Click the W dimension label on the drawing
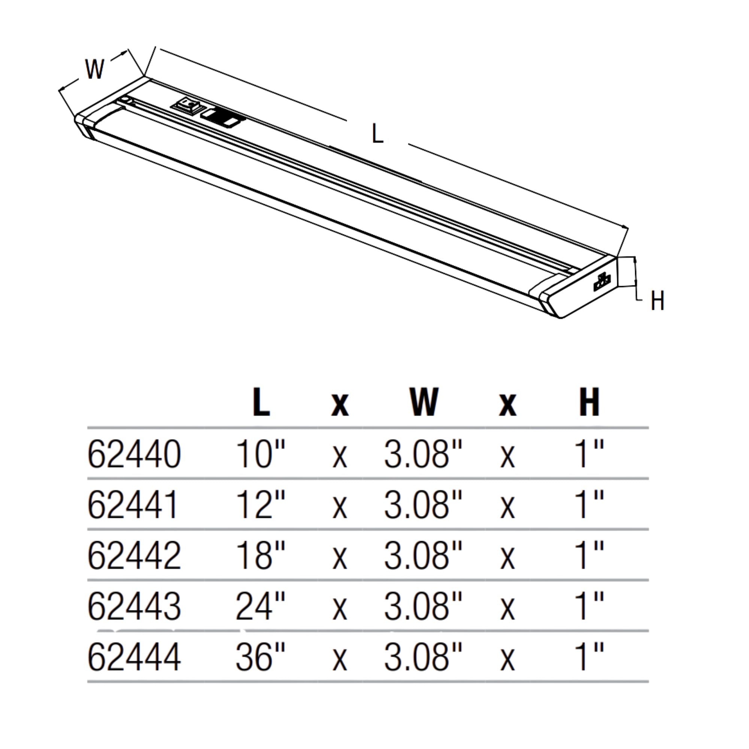(95, 69)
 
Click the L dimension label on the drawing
(377, 133)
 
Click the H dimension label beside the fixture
(658, 300)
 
